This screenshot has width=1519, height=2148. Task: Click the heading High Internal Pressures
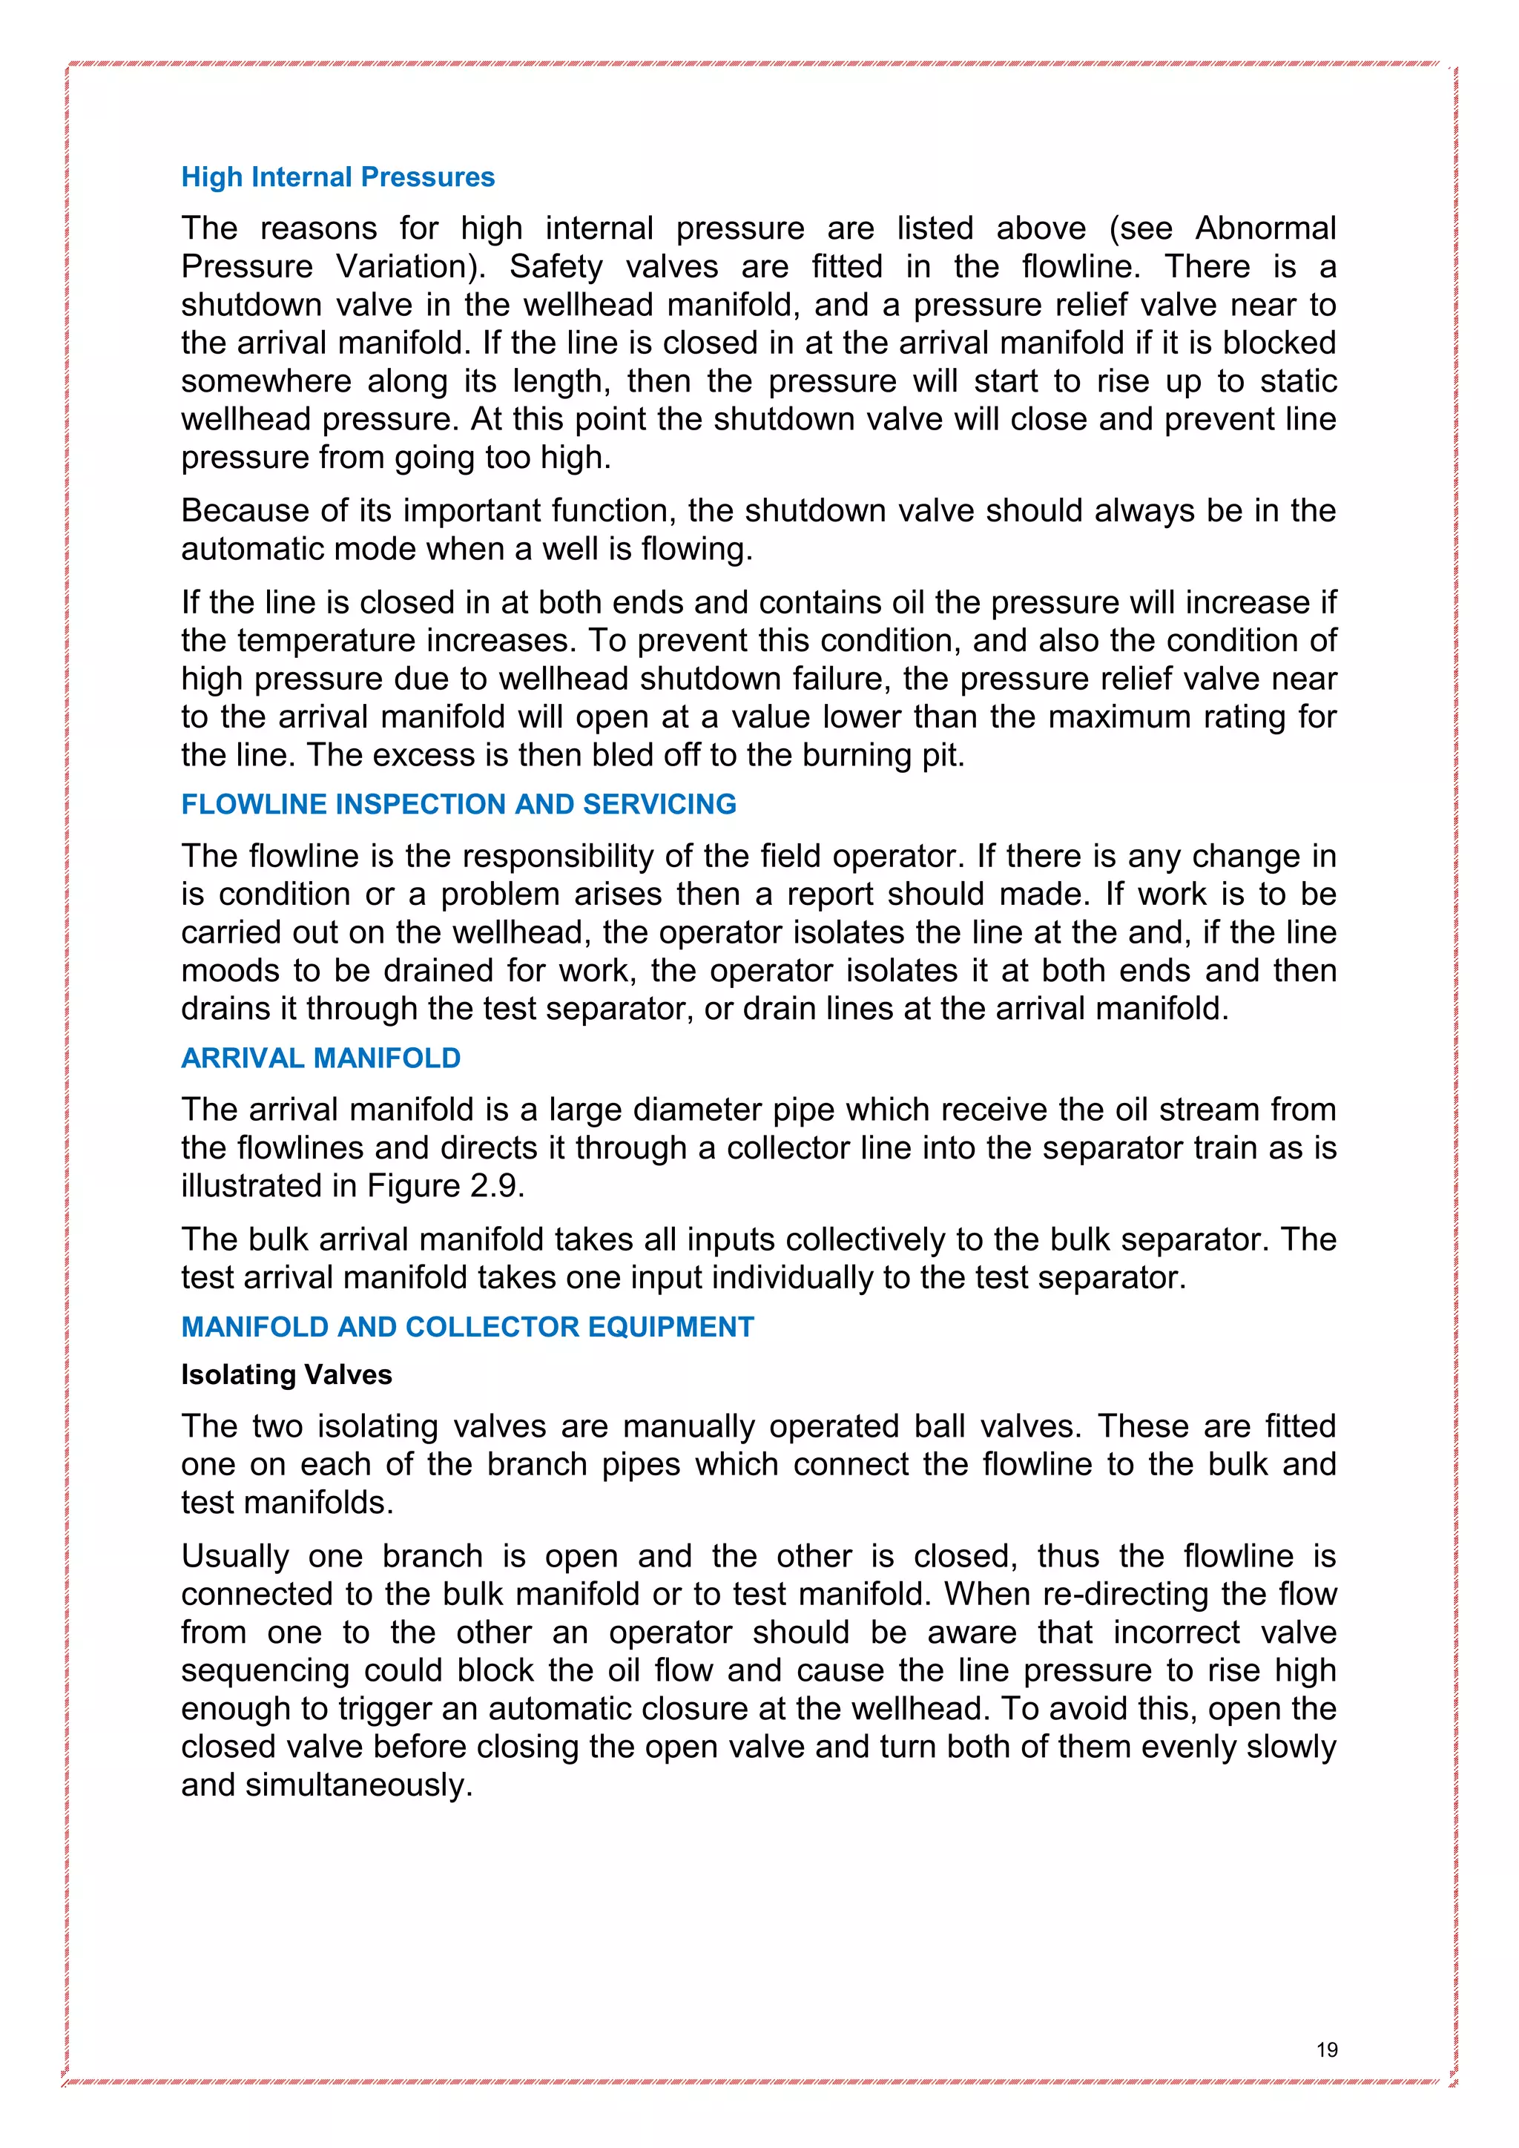[x=337, y=177]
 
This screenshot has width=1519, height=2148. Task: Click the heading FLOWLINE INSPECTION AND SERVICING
[x=458, y=803]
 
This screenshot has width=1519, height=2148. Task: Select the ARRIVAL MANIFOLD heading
[x=321, y=1058]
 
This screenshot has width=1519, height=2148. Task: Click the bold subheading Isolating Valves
[x=286, y=1374]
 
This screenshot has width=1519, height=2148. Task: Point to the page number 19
[x=1326, y=2050]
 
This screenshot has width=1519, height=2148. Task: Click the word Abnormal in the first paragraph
[x=1265, y=228]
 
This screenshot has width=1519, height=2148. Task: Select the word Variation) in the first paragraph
[x=411, y=266]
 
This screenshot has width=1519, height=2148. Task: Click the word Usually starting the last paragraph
[x=236, y=1556]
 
